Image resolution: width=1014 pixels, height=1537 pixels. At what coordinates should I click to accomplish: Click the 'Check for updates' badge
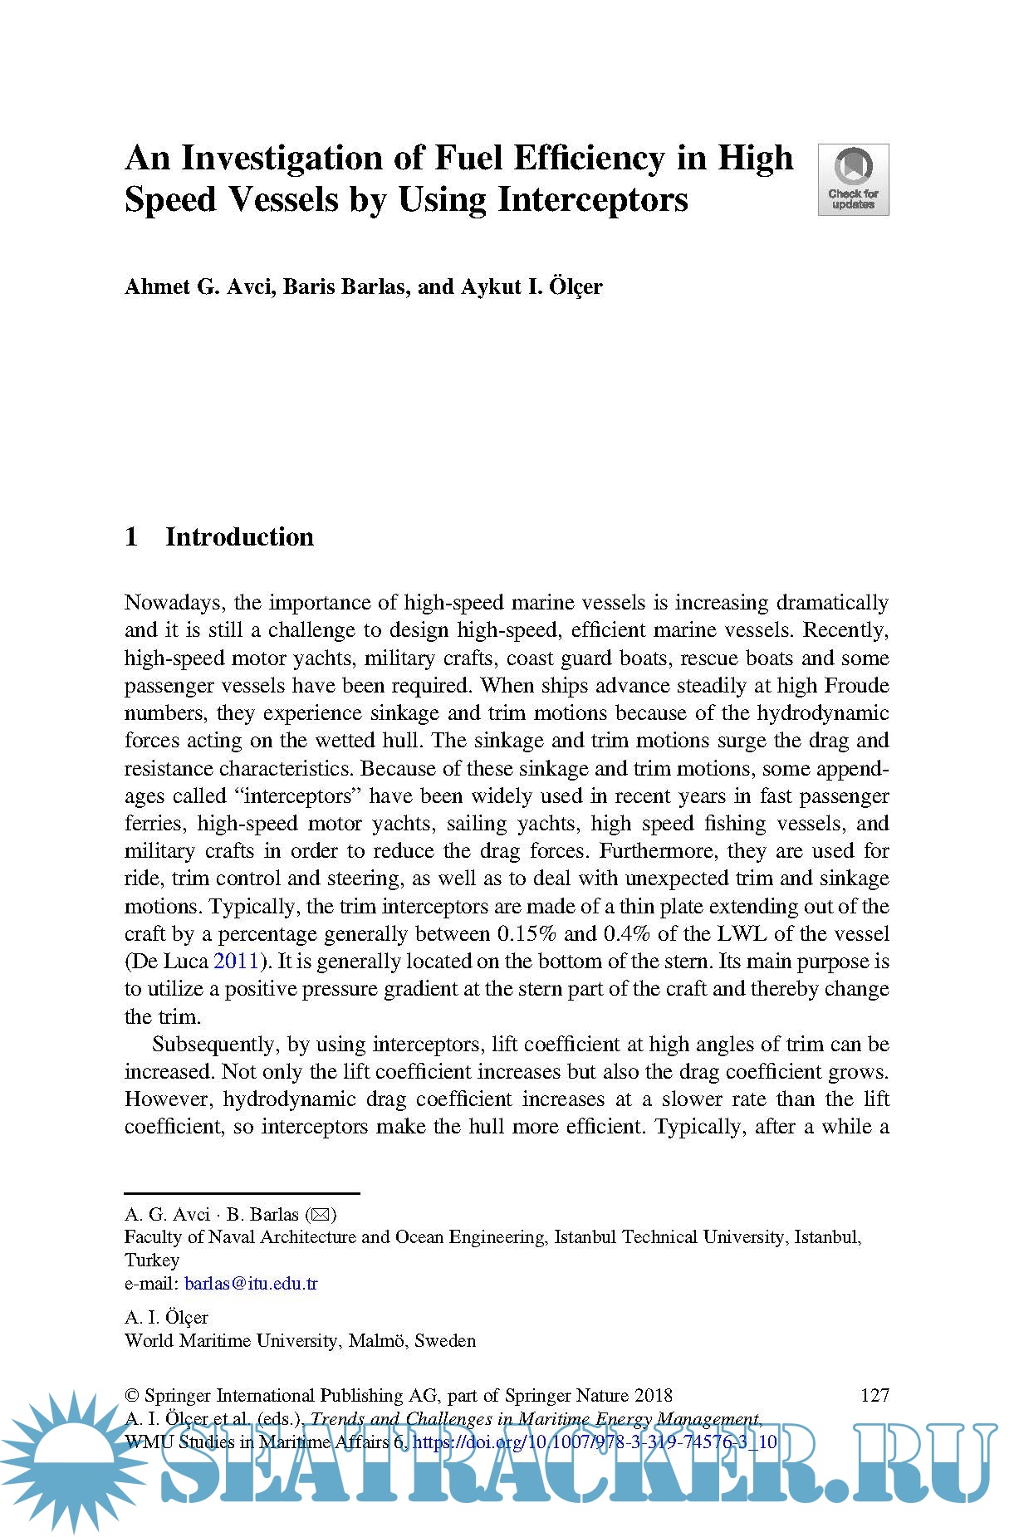click(x=853, y=179)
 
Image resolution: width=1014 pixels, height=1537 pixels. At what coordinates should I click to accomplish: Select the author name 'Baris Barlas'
click(x=345, y=286)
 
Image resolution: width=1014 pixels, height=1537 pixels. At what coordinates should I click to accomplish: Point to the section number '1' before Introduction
click(x=131, y=537)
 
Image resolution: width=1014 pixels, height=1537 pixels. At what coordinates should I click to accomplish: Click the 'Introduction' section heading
click(x=239, y=537)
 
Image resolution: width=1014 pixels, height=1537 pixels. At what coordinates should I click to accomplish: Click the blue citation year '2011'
click(x=237, y=962)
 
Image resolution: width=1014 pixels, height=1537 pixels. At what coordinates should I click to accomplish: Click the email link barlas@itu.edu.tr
click(x=251, y=1284)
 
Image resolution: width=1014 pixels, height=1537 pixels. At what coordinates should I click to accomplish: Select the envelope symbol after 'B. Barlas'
click(x=320, y=1215)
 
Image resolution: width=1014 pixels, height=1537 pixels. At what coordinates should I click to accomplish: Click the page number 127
click(x=874, y=1395)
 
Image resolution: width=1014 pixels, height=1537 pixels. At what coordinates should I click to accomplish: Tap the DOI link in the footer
click(x=595, y=1442)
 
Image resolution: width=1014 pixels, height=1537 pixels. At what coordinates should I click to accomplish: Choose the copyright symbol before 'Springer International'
click(x=131, y=1396)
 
